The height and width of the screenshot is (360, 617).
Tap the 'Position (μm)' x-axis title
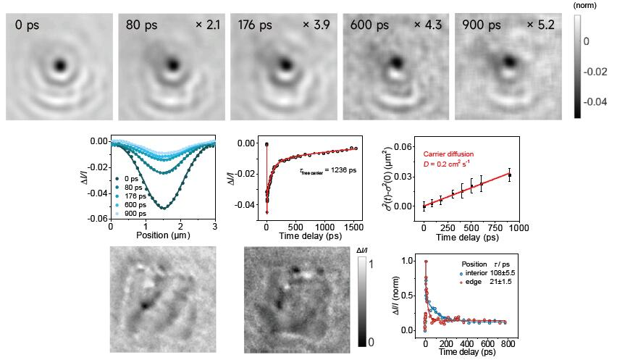(x=162, y=235)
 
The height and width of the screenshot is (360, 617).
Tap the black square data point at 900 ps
(x=510, y=175)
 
